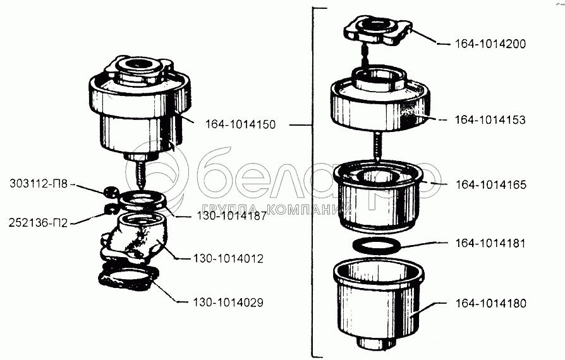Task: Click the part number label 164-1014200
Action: [x=490, y=44]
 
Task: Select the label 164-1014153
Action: [x=490, y=120]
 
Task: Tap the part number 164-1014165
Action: [x=491, y=184]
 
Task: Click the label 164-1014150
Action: [x=240, y=124]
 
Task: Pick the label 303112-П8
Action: [x=39, y=184]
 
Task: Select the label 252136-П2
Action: [x=38, y=223]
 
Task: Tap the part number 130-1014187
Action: [x=232, y=216]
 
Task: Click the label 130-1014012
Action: [x=228, y=258]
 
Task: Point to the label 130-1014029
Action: [x=228, y=303]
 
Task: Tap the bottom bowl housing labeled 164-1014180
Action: [x=379, y=304]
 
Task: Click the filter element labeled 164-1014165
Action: [x=377, y=196]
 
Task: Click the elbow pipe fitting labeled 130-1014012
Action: [x=134, y=237]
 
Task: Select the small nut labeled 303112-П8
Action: [x=109, y=192]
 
